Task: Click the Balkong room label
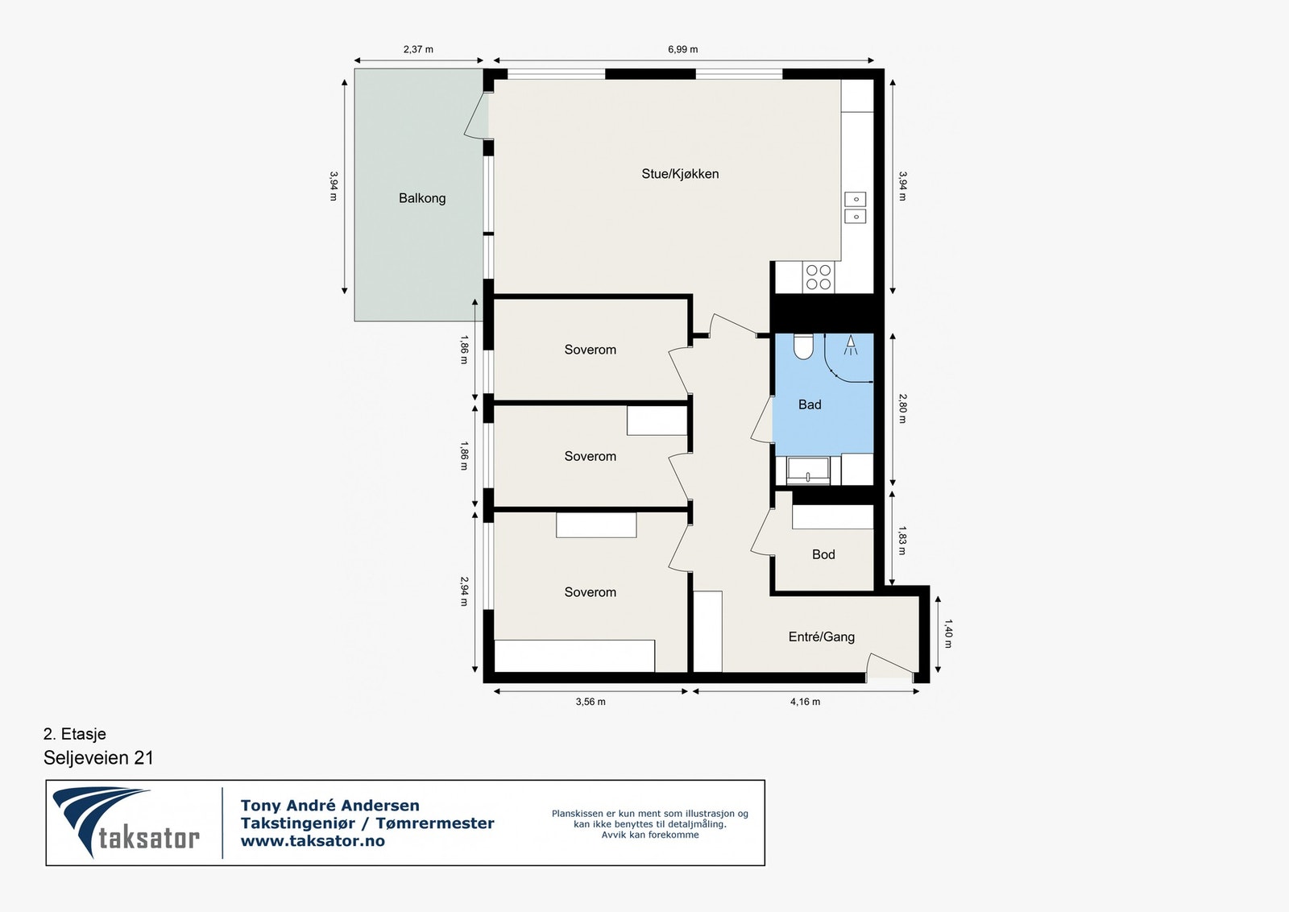tap(422, 198)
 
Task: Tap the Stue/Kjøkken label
tap(680, 174)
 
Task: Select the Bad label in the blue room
tap(809, 404)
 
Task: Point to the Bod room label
tap(823, 554)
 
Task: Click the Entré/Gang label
tap(821, 637)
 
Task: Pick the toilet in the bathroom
tap(802, 346)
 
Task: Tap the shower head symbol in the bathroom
tap(850, 346)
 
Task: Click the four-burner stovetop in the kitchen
tap(819, 277)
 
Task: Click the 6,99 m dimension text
tap(682, 49)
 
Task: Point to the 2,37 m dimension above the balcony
tap(418, 49)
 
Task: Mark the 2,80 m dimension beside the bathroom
tap(901, 408)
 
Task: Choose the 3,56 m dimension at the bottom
tap(591, 702)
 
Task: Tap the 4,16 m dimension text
tap(805, 702)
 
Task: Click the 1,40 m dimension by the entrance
tap(948, 633)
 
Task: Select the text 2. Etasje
tap(75, 734)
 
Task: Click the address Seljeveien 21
tap(98, 758)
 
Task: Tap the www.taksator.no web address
tap(313, 840)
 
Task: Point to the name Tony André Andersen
tap(330, 805)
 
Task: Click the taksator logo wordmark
tap(149, 839)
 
